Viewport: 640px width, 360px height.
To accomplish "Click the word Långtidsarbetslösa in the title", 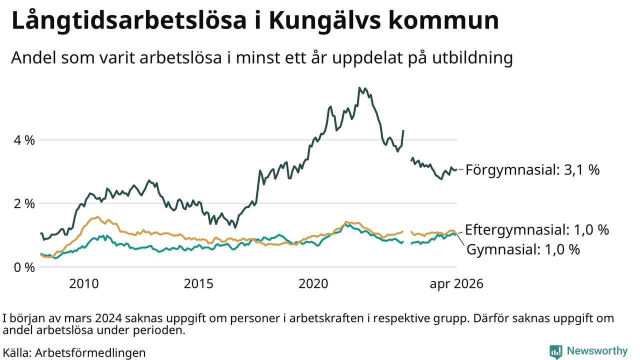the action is pos(129,21).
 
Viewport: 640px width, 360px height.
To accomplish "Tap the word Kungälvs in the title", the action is pos(325,21).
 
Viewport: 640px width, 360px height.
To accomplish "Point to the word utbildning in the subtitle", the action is pos(472,58).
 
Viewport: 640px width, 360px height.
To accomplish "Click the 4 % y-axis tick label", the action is pos(24,140).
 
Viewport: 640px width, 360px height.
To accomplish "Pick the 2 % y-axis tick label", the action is pos(24,204).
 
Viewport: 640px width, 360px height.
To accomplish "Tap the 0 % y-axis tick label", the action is pos(24,267).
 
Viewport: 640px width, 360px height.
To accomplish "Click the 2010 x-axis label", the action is pos(84,283).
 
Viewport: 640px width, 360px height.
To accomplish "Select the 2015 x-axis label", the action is pos(198,283).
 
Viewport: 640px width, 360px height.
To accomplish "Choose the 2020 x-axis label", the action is pos(313,283).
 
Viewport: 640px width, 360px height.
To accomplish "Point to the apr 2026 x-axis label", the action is pos(456,284).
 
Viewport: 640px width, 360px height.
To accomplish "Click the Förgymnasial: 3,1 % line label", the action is pos(532,169).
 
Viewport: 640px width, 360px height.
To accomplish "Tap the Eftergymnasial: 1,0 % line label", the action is pos(537,229).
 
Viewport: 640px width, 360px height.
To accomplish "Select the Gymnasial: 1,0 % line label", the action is pos(523,249).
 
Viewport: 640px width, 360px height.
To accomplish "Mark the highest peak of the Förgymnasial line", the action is pos(359,87).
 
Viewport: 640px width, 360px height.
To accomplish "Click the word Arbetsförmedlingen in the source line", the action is pos(90,353).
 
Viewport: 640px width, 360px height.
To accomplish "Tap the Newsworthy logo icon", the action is pos(555,351).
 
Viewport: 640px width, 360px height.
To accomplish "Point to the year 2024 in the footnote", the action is pos(109,318).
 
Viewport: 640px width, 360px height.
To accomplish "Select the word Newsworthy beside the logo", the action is pos(597,351).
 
